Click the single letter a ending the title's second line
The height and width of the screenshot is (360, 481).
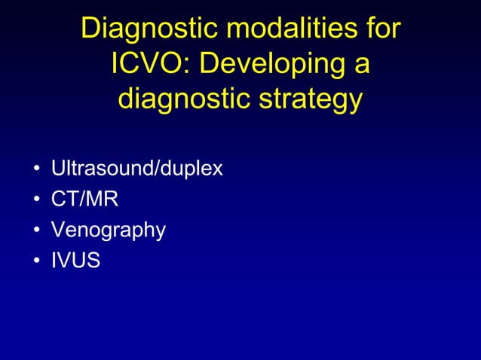pyautogui.click(x=359, y=66)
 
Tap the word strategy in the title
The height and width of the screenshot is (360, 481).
pyautogui.click(x=314, y=99)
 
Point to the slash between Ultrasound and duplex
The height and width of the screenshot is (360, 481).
pyautogui.click(x=155, y=168)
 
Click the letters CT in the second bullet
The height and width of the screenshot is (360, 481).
pyautogui.click(x=63, y=199)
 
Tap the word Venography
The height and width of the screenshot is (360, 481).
pyautogui.click(x=108, y=230)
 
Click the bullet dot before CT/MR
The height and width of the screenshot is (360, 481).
pyautogui.click(x=36, y=200)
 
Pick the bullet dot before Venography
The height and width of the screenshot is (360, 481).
pyautogui.click(x=36, y=231)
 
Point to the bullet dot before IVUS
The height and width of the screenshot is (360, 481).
pyautogui.click(x=36, y=262)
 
